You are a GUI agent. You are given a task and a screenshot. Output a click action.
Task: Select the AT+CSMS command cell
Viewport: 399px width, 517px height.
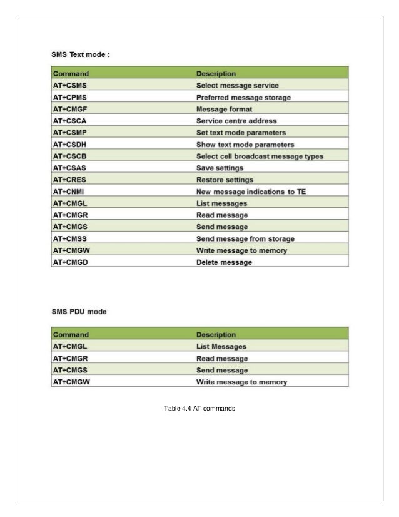(71, 85)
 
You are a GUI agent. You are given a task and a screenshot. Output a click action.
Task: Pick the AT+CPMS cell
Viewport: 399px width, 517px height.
(71, 97)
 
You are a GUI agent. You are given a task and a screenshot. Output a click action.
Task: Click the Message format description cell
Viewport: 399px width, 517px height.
(225, 109)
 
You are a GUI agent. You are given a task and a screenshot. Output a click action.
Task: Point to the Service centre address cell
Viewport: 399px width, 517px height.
(236, 121)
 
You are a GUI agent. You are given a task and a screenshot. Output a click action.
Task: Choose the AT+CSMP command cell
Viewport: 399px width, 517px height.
(71, 133)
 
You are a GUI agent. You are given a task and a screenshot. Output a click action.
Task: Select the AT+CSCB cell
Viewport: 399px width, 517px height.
(71, 156)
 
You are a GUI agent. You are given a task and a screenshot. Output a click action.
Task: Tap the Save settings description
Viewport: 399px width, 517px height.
(220, 168)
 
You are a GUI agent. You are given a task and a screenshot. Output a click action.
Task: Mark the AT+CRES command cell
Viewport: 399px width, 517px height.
(71, 180)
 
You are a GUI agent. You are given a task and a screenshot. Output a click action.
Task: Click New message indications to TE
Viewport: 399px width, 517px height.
(250, 192)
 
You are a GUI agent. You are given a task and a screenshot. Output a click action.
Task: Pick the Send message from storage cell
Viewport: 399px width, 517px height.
(245, 238)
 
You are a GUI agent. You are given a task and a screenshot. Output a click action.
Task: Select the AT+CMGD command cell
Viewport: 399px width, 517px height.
(71, 262)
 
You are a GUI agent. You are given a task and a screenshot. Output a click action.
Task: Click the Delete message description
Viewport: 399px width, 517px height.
(224, 262)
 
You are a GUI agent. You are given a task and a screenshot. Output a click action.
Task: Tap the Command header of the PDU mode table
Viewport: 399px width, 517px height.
(71, 334)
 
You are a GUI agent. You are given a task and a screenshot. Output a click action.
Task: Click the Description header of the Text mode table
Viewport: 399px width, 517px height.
(216, 73)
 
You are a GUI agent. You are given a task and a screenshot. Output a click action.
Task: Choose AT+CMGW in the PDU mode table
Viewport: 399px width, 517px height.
(73, 381)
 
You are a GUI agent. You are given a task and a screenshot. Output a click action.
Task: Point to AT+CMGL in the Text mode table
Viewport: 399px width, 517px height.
(71, 203)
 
